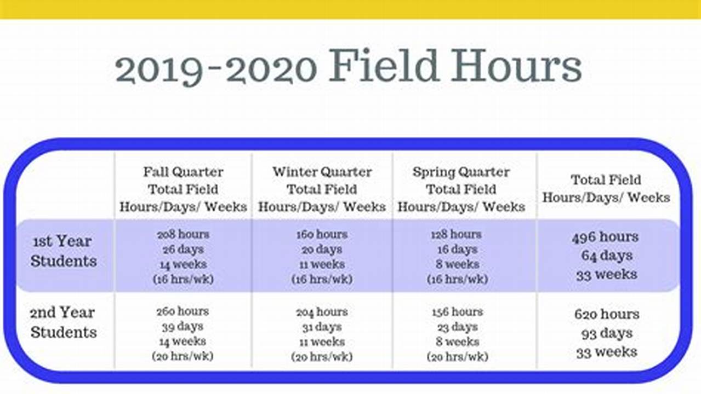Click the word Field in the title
[x=385, y=67]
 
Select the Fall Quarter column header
[x=183, y=189]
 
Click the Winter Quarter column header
[x=322, y=189]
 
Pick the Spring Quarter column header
[x=461, y=189]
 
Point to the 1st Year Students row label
[x=63, y=251]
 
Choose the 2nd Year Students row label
[x=63, y=322]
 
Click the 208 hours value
[x=183, y=234]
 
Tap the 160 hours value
[x=322, y=234]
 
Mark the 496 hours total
[x=605, y=237]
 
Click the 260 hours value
[x=183, y=311]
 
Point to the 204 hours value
[x=322, y=312]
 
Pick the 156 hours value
[x=457, y=312]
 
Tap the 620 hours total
[x=606, y=315]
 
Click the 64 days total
[x=607, y=256]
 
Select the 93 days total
[x=607, y=333]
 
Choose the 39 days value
[x=183, y=327]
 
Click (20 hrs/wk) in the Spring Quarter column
[x=457, y=357]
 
